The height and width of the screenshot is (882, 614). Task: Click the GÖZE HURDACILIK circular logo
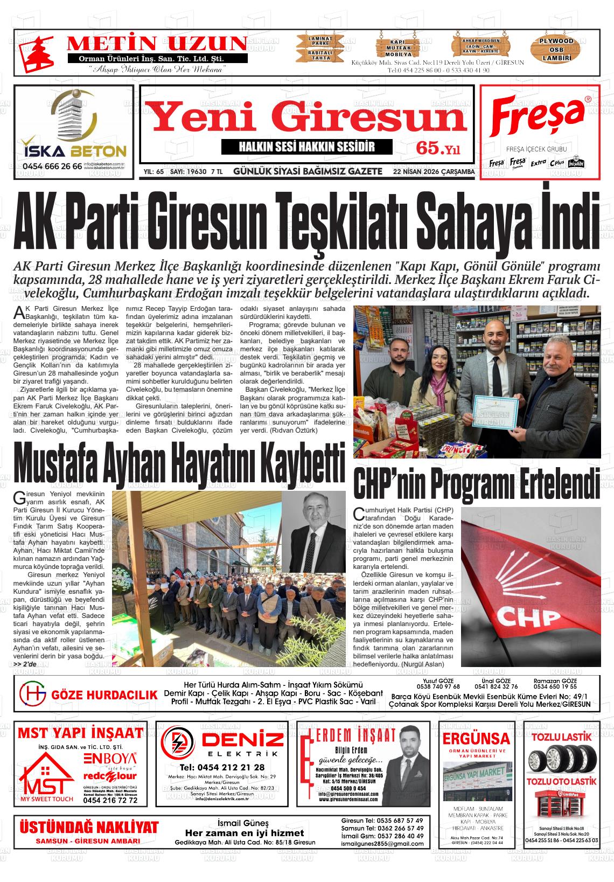[x=32, y=695]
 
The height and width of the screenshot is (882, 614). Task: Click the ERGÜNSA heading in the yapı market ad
[x=476, y=738]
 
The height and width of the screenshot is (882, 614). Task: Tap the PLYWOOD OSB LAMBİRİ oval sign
[x=557, y=50]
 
